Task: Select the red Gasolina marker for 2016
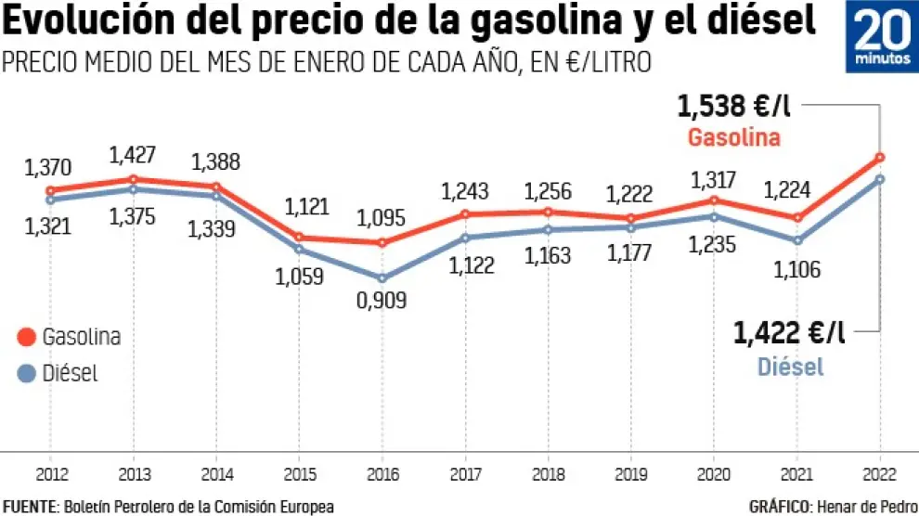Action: point(381,243)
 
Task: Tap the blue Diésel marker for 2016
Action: point(381,277)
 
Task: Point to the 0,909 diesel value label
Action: point(382,301)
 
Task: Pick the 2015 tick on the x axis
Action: point(299,474)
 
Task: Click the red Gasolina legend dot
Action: point(26,337)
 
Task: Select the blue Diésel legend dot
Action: point(26,374)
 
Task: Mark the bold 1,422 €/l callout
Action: point(790,332)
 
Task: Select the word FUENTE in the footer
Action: point(31,506)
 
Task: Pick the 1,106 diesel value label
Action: point(795,269)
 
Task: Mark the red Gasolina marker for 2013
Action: point(134,179)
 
